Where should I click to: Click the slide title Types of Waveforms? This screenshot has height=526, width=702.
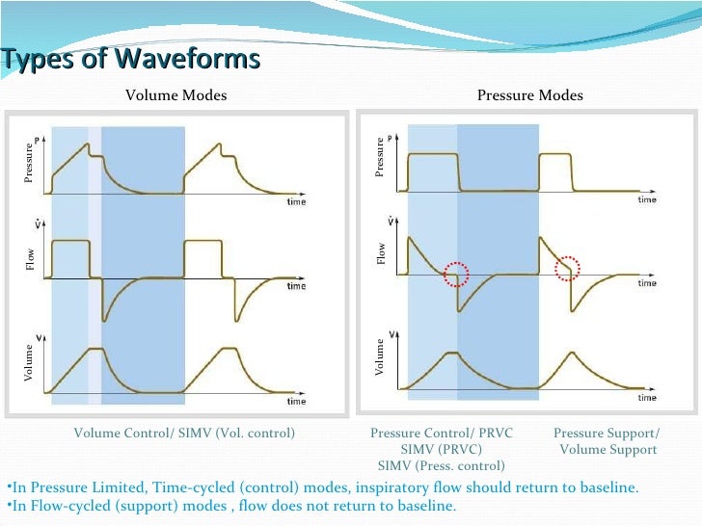(x=131, y=60)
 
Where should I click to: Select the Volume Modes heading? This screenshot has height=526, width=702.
(x=176, y=95)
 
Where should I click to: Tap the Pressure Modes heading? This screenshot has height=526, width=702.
(x=530, y=95)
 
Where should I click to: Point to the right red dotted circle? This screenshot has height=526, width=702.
(x=569, y=269)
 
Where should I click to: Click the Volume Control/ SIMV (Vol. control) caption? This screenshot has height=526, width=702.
(x=184, y=434)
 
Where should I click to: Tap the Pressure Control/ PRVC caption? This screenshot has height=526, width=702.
(x=442, y=434)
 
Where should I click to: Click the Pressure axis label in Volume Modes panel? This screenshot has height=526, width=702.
(x=29, y=163)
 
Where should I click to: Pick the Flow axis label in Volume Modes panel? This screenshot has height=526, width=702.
(x=29, y=259)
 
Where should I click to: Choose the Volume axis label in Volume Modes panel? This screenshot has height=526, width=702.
(x=29, y=366)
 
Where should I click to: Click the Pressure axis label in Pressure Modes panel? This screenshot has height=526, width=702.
(x=380, y=157)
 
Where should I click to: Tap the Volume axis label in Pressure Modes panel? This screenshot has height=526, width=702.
(x=381, y=357)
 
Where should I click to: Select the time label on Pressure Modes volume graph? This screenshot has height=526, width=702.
(x=647, y=397)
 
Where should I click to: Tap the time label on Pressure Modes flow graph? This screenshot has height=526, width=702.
(x=647, y=283)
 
